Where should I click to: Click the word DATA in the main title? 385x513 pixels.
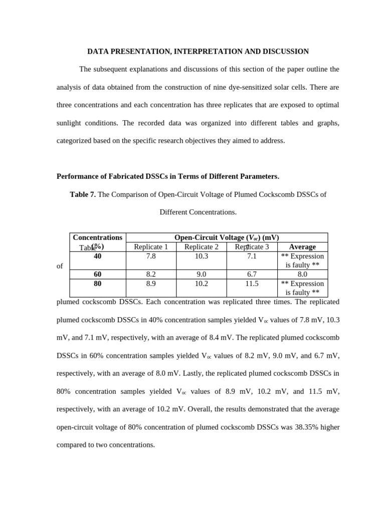pyautogui.click(x=98, y=52)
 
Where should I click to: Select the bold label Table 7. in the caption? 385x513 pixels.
pyautogui.click(x=83, y=194)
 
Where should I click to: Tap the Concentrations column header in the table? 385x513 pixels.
pyautogui.click(x=97, y=237)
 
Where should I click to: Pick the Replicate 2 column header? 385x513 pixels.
pyautogui.click(x=202, y=247)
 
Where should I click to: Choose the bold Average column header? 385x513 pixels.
pyautogui.click(x=302, y=247)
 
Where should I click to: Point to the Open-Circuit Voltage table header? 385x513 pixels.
pyautogui.click(x=226, y=237)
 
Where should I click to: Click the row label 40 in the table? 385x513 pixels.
pyautogui.click(x=97, y=256)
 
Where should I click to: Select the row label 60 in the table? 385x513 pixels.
pyautogui.click(x=97, y=275)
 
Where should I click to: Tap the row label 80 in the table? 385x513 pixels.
pyautogui.click(x=97, y=284)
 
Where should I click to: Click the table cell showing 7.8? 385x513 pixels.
pyautogui.click(x=151, y=256)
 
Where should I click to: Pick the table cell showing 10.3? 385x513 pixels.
pyautogui.click(x=202, y=256)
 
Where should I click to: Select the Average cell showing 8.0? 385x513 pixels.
pyautogui.click(x=302, y=275)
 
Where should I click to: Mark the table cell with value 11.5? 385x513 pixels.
pyautogui.click(x=252, y=284)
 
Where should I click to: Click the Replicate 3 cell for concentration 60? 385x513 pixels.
pyautogui.click(x=252, y=275)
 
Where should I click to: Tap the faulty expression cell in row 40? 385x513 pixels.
pyautogui.click(x=302, y=261)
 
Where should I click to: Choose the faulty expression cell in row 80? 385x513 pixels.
pyautogui.click(x=302, y=288)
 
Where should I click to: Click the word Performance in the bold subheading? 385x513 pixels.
pyautogui.click(x=77, y=176)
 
